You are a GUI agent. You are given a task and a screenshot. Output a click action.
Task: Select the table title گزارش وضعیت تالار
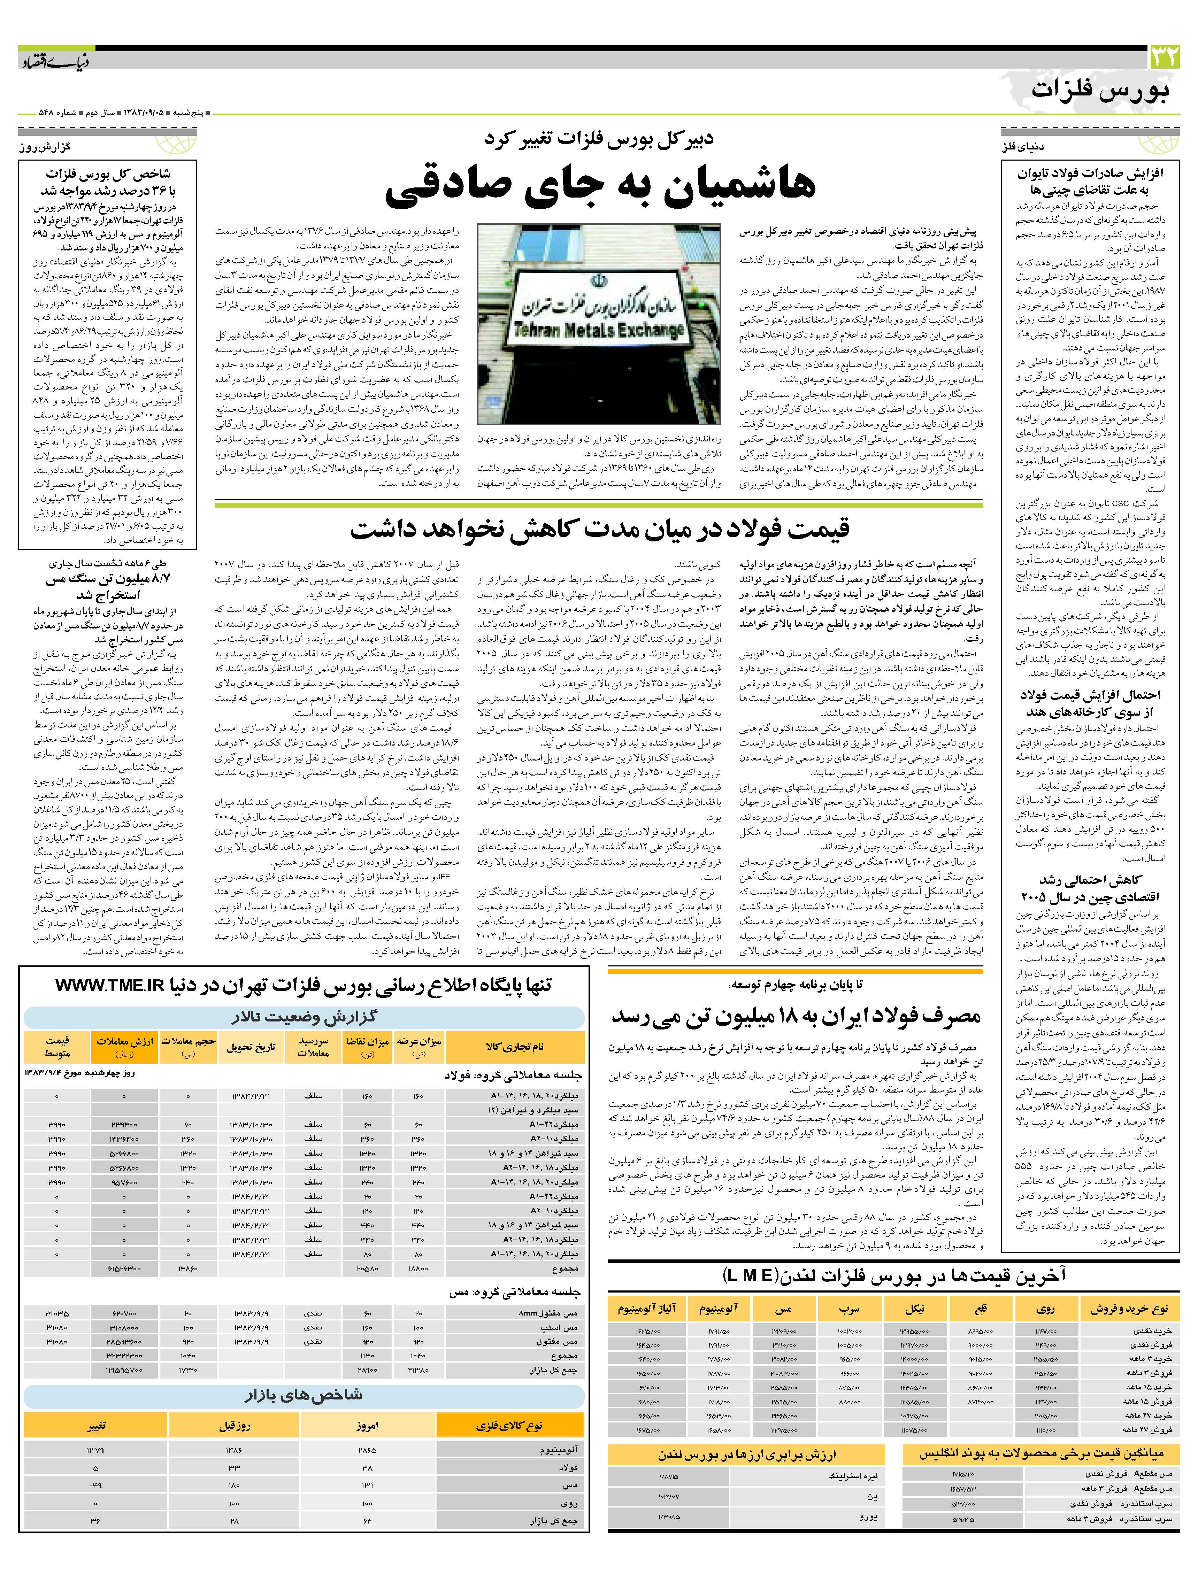coord(304,1017)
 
